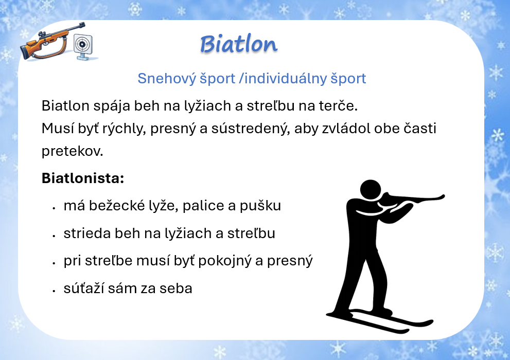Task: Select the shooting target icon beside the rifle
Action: (x=83, y=46)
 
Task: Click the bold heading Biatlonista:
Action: (x=83, y=178)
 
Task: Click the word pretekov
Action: (x=73, y=151)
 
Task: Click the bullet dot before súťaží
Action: (x=54, y=290)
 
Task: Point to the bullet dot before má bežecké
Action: (x=54, y=207)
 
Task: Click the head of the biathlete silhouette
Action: (x=371, y=189)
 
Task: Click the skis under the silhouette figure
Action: (x=380, y=320)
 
